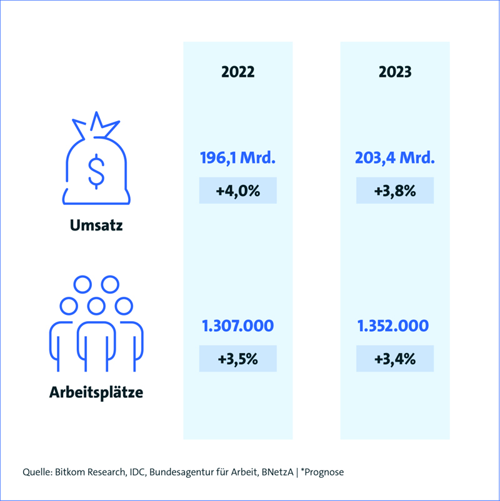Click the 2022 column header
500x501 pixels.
pos(237,72)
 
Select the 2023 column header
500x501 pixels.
pos(395,72)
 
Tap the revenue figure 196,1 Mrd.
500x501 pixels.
pos(237,158)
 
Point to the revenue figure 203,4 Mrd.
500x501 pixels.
pos(395,158)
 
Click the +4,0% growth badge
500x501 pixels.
pos(237,191)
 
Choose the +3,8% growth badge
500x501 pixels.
pos(395,191)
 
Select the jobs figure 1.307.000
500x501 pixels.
pos(237,326)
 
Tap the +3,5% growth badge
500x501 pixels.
pos(237,359)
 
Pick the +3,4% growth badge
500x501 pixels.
pos(395,359)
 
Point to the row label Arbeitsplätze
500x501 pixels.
pos(96,393)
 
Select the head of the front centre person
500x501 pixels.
pos(96,306)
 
